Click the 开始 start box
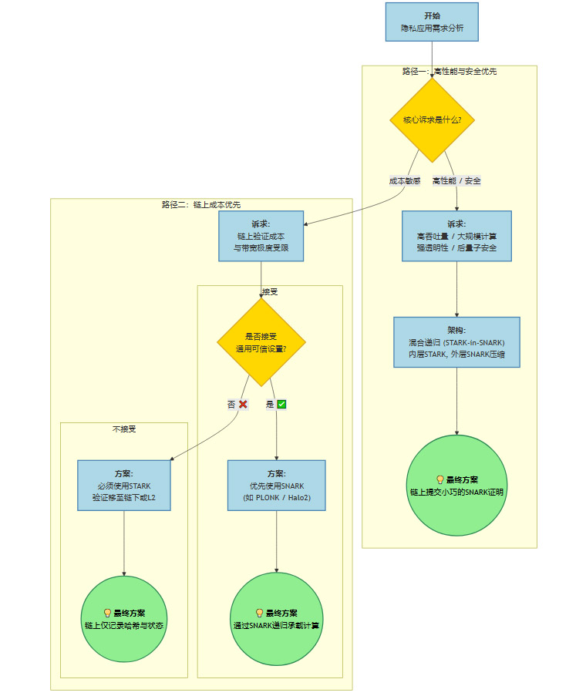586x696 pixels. pos(432,22)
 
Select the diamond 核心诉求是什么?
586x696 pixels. pos(432,120)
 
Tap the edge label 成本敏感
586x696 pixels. pos(405,180)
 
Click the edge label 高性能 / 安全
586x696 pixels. pos(456,180)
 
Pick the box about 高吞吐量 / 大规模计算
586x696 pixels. pos(456,236)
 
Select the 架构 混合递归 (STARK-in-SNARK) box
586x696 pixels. pos(456,342)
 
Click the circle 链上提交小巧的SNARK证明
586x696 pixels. pos(456,485)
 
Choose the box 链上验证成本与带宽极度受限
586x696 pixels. pos(261,236)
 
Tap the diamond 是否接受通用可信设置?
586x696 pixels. pos(261,342)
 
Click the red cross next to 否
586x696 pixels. pos(243,404)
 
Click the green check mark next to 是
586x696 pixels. pos(281,404)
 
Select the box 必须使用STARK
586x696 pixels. pos(124,485)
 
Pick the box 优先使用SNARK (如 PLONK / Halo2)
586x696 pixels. pos(276,485)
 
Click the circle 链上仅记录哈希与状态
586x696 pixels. pos(124,618)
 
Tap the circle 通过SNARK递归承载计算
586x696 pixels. pos(276,618)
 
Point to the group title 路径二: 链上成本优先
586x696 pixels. pos(201,204)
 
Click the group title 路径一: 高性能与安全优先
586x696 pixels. pos(450,71)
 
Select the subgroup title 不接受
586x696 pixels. pos(124,429)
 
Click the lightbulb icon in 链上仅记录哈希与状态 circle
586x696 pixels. pos(107,613)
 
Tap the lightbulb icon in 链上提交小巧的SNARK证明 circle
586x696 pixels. pos(439,479)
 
